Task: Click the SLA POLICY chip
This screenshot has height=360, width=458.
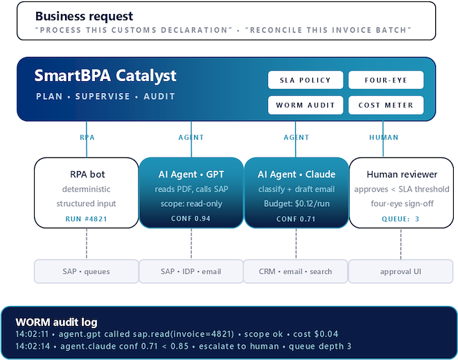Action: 306,80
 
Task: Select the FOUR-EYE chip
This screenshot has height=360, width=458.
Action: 386,80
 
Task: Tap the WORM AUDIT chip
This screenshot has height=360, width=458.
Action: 306,105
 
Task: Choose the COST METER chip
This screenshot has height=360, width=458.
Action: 386,105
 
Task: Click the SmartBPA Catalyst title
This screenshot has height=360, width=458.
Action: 105,76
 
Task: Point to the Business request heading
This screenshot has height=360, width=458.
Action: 84,16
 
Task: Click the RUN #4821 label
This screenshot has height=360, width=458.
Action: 86,218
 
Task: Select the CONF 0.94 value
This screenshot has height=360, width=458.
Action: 191,218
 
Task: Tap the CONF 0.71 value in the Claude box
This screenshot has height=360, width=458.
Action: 296,218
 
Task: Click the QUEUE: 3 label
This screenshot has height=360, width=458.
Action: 400,218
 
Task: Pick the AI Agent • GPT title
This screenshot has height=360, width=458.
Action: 191,174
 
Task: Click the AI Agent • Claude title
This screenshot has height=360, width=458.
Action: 296,174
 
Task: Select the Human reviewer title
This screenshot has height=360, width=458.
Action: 402,174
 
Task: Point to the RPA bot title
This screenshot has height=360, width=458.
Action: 87,174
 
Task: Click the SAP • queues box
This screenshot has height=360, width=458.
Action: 87,271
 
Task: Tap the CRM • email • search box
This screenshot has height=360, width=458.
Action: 295,271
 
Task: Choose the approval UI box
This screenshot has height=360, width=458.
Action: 400,271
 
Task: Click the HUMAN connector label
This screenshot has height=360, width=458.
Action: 384,137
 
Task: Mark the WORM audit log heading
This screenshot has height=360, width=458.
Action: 56,322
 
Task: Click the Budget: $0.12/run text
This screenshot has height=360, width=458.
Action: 297,203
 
